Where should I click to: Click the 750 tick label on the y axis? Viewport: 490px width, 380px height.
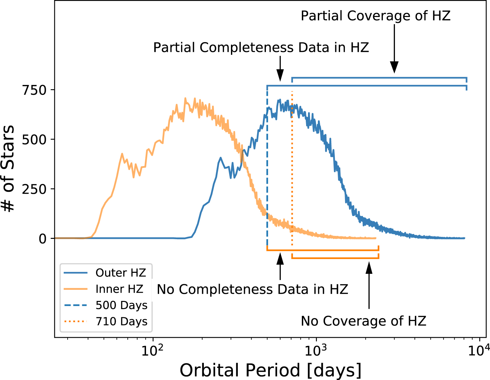click(34, 90)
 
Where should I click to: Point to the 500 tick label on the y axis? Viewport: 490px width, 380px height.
click(34, 140)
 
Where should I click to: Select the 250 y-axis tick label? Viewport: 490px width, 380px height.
click(34, 189)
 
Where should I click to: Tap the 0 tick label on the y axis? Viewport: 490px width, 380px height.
click(42, 239)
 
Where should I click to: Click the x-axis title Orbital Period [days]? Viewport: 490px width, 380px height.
click(270, 370)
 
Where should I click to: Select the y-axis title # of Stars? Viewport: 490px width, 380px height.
click(8, 168)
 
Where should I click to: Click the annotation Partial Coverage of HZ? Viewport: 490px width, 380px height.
click(376, 16)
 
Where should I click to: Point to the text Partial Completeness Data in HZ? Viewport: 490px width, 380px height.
click(261, 48)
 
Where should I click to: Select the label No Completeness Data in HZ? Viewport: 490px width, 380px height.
click(252, 289)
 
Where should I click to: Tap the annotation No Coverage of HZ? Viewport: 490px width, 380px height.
click(364, 321)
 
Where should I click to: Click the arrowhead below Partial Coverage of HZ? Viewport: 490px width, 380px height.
click(394, 68)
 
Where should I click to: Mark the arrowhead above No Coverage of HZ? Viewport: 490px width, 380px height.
click(369, 267)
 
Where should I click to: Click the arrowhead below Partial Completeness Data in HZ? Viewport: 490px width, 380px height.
click(280, 75)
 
